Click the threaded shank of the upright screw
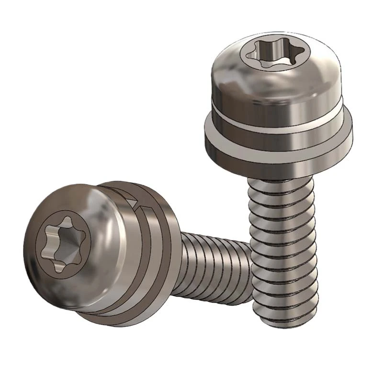click(282, 249)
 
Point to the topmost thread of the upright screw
click(280, 184)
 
